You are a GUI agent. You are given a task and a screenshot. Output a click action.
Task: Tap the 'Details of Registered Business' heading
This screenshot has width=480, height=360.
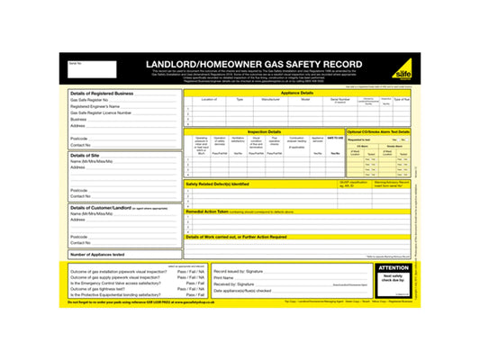102,93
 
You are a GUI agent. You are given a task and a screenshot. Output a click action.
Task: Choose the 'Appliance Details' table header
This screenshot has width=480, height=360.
297,93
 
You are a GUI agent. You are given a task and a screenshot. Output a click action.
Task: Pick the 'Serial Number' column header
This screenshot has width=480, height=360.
340,100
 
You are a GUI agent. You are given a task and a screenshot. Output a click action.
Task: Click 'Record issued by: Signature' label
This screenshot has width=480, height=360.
239,270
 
